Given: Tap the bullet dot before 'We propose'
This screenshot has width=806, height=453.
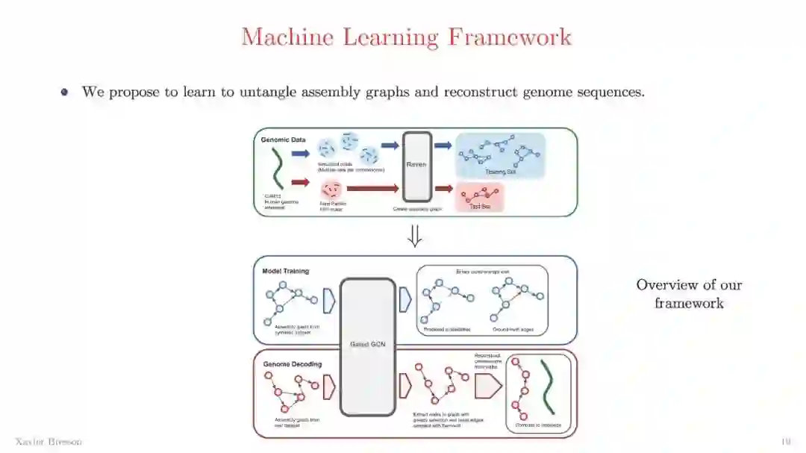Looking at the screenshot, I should pyautogui.click(x=64, y=93).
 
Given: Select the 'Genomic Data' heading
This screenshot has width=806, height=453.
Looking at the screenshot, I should pyautogui.click(x=284, y=140).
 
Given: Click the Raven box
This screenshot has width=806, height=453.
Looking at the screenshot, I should pyautogui.click(x=416, y=166).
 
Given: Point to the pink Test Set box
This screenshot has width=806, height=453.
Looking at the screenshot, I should pyautogui.click(x=479, y=198).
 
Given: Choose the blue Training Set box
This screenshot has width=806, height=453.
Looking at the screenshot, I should pyautogui.click(x=500, y=155).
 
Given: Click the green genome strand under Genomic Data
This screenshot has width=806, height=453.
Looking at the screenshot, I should pyautogui.click(x=277, y=168).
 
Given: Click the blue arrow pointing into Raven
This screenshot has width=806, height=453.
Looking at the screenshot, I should pyautogui.click(x=390, y=146).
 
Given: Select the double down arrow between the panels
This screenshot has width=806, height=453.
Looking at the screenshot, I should pyautogui.click(x=415, y=236).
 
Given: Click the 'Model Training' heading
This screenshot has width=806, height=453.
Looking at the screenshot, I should pyautogui.click(x=286, y=271).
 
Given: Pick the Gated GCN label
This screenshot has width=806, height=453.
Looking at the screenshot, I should pyautogui.click(x=366, y=344).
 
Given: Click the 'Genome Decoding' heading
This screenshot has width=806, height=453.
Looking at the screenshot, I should pyautogui.click(x=293, y=364).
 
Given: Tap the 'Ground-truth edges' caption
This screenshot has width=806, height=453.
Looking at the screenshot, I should pyautogui.click(x=512, y=329).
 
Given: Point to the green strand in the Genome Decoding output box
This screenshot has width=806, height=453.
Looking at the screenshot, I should pyautogui.click(x=551, y=386).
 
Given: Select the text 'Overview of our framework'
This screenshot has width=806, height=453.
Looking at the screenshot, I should pyautogui.click(x=689, y=294).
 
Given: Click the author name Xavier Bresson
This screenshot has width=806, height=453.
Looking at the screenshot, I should pyautogui.click(x=49, y=442).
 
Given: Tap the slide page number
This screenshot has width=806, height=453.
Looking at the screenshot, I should pyautogui.click(x=785, y=442).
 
